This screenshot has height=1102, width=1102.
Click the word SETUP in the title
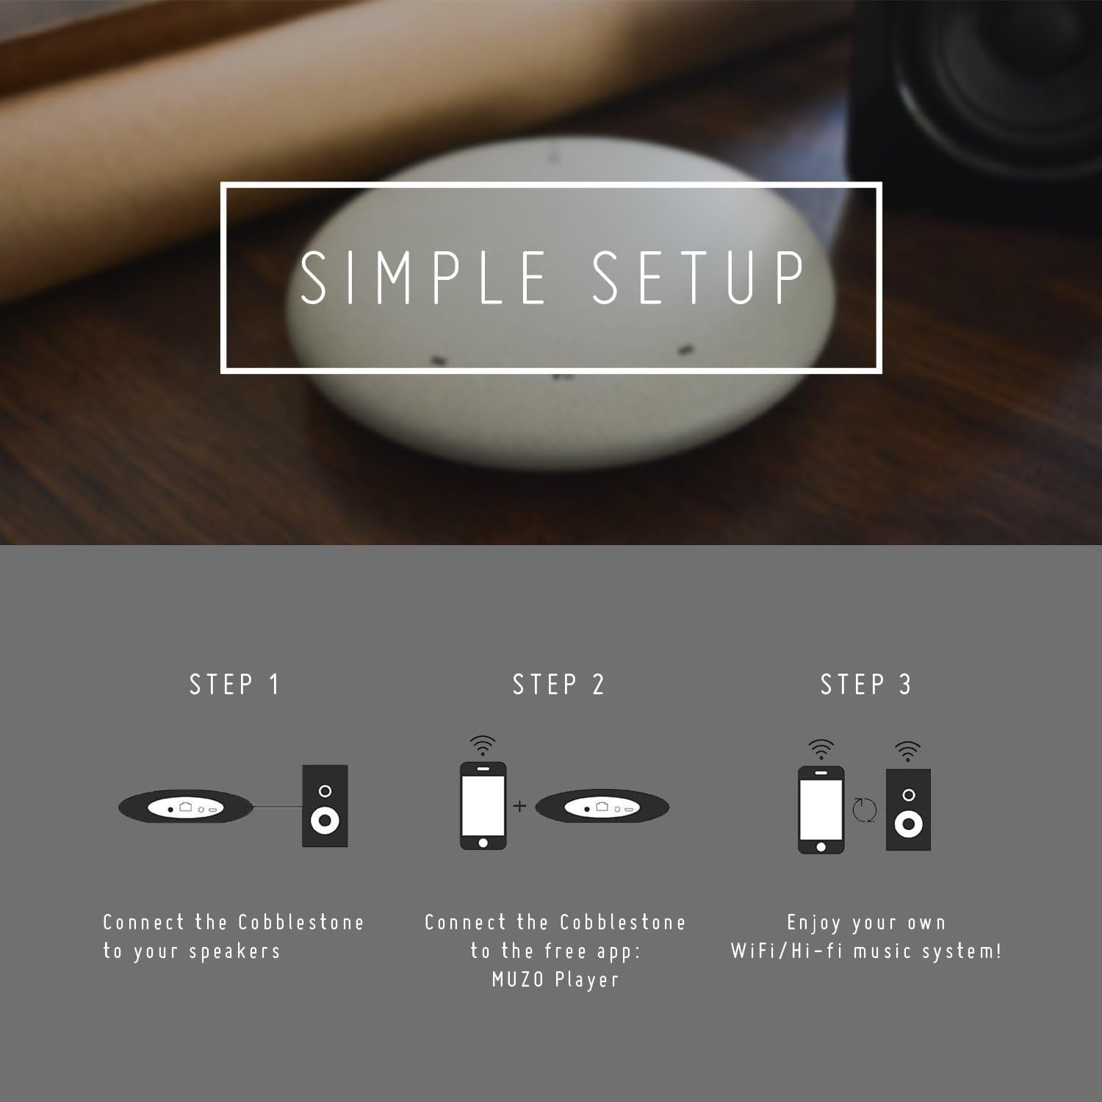pos(699,277)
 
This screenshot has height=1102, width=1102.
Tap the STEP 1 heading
pos(235,685)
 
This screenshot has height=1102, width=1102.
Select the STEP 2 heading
pos(558,685)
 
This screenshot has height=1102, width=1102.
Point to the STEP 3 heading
pos(866,685)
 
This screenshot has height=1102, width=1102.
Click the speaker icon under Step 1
pos(325,806)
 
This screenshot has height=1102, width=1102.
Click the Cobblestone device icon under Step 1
pos(188,807)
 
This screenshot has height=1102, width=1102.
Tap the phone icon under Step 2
pos(483,806)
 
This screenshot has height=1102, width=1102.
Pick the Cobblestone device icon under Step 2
pos(602,807)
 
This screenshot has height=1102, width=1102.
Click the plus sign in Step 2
pos(520,807)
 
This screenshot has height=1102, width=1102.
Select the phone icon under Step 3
pos(821,810)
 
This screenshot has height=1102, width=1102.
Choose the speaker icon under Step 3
pos(909,810)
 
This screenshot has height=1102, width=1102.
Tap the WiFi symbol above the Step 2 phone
pos(483,746)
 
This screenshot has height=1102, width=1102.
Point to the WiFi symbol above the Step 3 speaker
pos(909,751)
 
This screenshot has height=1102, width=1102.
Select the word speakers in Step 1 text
pos(235,952)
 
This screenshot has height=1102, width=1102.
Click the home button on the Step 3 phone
pos(821,846)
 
